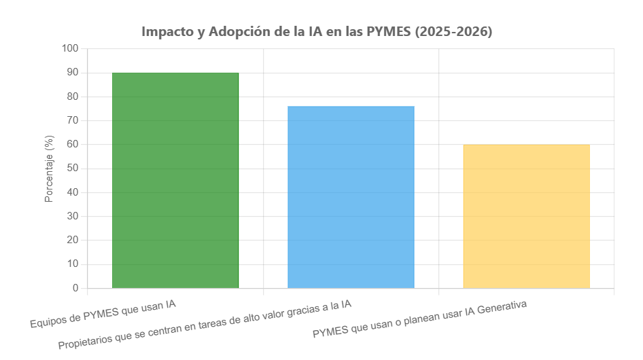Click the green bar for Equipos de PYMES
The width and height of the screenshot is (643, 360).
pos(175,180)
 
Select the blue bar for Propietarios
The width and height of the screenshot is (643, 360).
pos(351,197)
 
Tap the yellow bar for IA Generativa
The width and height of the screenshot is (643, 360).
pos(526,216)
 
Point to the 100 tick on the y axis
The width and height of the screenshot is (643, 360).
pos(70,49)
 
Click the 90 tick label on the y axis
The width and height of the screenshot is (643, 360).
pos(72,73)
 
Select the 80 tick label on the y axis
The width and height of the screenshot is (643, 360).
pos(72,96)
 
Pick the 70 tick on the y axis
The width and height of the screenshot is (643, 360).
pos(72,121)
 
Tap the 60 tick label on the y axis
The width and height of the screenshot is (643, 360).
pos(72,145)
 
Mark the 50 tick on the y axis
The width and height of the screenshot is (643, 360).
pos(72,168)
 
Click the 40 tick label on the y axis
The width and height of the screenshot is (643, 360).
pos(72,192)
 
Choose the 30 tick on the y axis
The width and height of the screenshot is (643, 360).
pos(72,217)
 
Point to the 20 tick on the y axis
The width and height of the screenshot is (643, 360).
pos(72,240)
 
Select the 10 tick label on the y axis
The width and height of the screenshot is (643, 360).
pos(72,264)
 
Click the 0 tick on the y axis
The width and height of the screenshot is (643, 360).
pos(75,288)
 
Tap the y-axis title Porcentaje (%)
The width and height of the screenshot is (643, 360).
pos(49,168)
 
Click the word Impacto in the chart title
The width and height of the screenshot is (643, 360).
pos(167,32)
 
